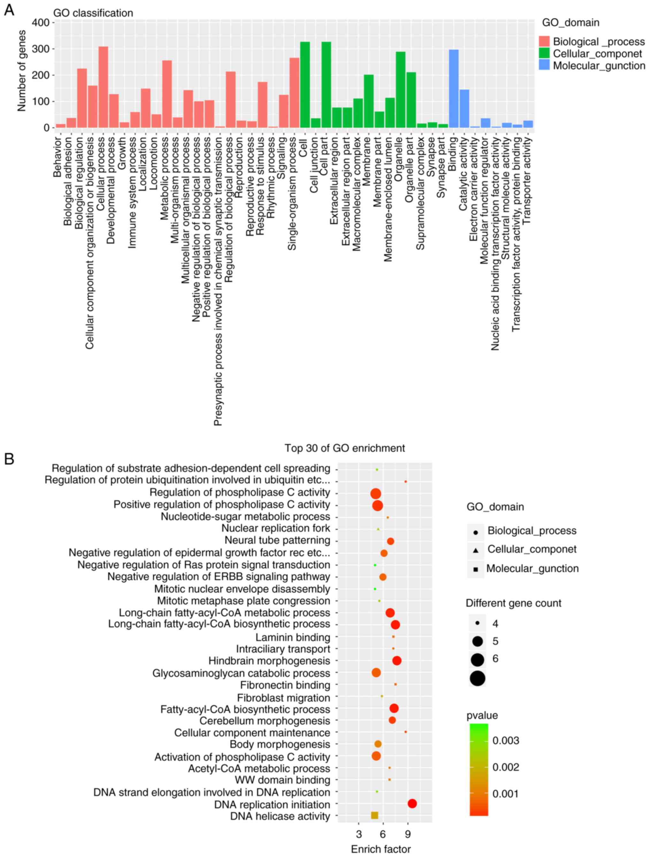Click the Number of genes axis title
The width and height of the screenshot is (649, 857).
[21, 71]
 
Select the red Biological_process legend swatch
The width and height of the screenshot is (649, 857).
[544, 42]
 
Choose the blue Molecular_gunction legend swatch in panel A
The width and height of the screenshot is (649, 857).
[544, 65]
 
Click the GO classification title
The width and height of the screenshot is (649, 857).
[93, 13]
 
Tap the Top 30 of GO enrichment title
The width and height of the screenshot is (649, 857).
[344, 448]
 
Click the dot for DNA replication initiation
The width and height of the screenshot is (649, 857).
[412, 804]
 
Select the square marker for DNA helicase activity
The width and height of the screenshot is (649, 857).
[374, 815]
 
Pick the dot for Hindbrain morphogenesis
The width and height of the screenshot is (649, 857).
[396, 661]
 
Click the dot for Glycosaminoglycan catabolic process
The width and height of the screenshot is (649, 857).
[376, 673]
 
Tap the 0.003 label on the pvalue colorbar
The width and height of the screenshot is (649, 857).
[506, 740]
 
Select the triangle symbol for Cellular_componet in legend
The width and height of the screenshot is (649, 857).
[476, 550]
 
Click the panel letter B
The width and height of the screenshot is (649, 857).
[9, 459]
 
